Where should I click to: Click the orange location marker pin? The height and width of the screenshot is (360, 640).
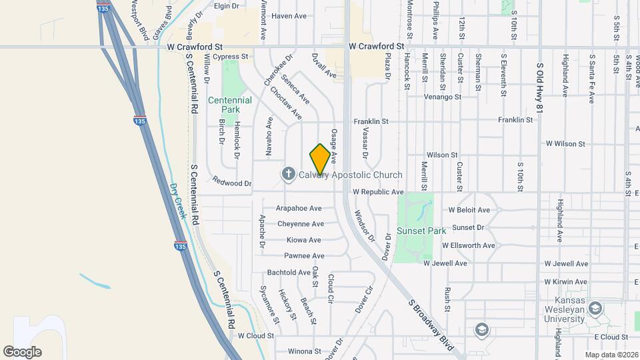pos(320,159)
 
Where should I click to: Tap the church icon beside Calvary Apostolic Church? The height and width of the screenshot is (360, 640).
pos(289,175)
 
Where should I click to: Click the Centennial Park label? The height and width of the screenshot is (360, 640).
pos(229,105)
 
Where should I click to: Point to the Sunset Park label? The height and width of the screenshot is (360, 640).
pos(421,231)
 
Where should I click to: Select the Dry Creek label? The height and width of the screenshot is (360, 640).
pos(177,201)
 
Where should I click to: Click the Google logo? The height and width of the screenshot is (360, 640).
pos(22,351)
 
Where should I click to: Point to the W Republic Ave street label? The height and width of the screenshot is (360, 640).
pos(378,192)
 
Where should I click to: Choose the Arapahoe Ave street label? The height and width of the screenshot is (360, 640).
pos(299,208)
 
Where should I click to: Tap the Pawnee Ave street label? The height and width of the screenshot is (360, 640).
pos(305,256)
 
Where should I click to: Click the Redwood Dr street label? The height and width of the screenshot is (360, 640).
pos(231,182)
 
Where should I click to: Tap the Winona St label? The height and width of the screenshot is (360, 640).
pos(304,351)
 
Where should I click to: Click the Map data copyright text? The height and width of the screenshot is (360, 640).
pos(610,354)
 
